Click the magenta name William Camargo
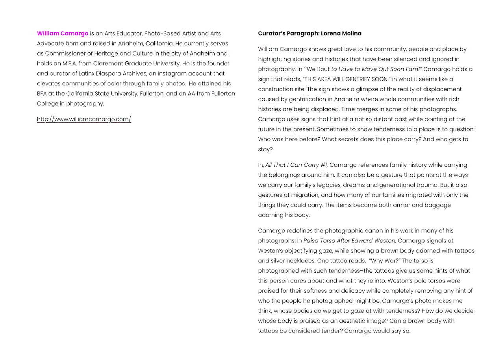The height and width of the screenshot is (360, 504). tap(63, 33)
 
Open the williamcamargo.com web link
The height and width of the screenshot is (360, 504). tap(84, 119)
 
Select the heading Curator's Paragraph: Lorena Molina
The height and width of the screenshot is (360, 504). tap(309, 33)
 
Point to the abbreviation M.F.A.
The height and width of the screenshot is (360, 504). tap(70, 63)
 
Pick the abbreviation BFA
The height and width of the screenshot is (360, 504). tap(42, 94)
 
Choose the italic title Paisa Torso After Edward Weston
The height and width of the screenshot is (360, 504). tap(350, 241)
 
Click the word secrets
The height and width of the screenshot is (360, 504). tap(328, 139)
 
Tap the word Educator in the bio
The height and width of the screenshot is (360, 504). tap(129, 33)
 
